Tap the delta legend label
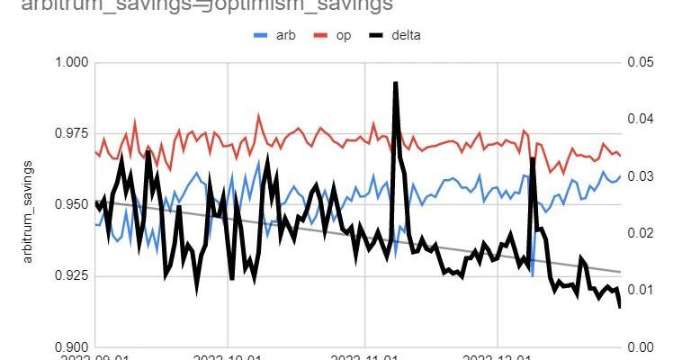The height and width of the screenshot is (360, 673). tap(405, 36)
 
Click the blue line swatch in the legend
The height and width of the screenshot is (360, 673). tap(262, 36)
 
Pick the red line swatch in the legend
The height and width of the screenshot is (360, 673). tap(321, 36)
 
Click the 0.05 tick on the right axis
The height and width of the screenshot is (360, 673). tap(640, 62)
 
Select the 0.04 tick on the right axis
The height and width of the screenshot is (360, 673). tap(640, 119)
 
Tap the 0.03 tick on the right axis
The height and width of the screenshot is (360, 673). tap(640, 175)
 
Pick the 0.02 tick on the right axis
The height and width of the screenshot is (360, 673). tap(640, 233)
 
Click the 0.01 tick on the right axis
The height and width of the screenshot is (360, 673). tap(640, 290)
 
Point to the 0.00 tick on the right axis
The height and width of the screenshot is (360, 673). tap(640, 346)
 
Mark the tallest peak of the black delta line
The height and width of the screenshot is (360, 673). tap(396, 83)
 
